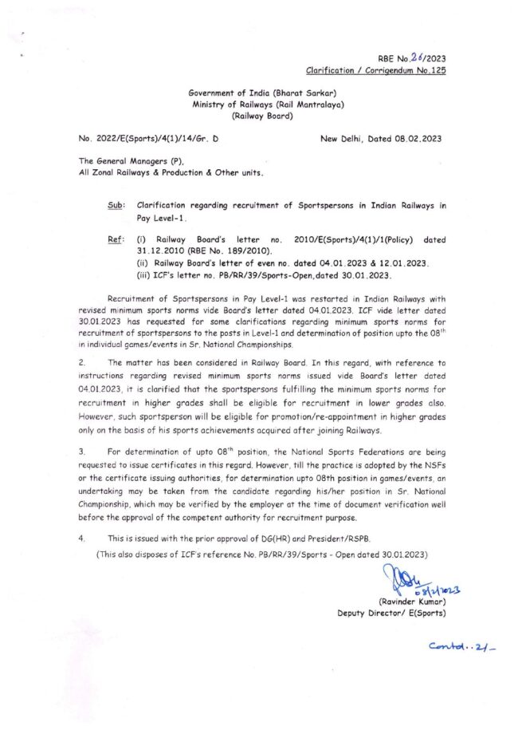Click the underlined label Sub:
[116, 205]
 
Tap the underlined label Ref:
[115, 239]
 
